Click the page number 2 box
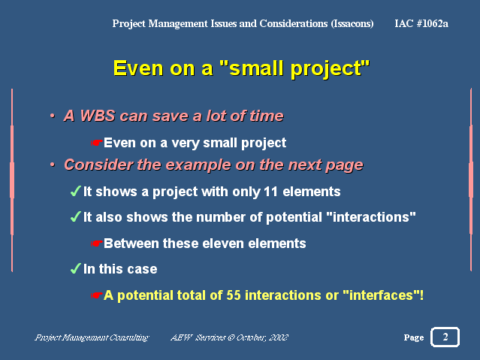click(445, 337)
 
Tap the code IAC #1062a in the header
click(421, 23)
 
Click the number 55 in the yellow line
click(234, 295)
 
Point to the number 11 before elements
click(270, 192)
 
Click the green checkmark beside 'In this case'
click(76, 268)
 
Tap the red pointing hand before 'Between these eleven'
click(96, 244)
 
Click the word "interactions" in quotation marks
click(371, 217)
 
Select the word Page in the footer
click(414, 337)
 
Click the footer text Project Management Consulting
click(92, 337)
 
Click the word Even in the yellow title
click(138, 68)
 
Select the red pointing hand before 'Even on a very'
click(96, 143)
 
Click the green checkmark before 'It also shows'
click(76, 216)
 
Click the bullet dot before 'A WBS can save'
click(53, 116)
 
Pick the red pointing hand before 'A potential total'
click(96, 295)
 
